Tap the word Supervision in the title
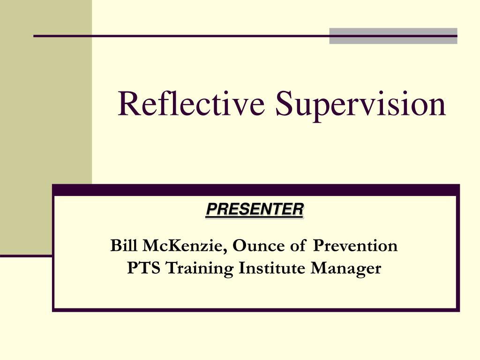point(360,105)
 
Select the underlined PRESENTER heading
point(255,210)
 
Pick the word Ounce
point(259,246)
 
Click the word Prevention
point(355,246)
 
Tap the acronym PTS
point(144,268)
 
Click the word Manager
point(346,269)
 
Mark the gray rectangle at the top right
point(393,36)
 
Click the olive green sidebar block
point(46,127)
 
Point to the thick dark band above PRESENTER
point(256,190)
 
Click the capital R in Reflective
point(128,103)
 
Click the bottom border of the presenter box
point(256,310)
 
